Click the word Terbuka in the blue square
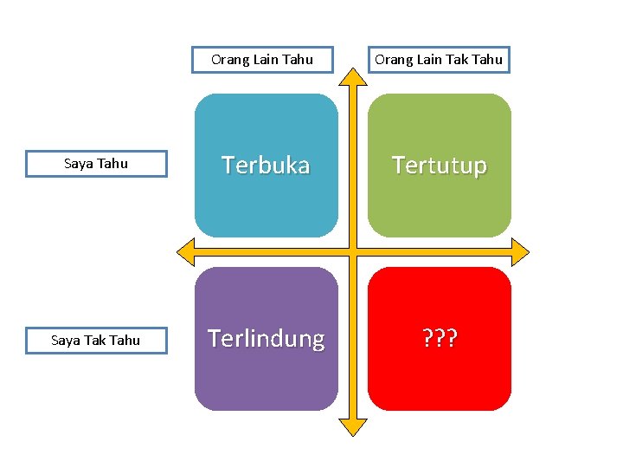(266, 165)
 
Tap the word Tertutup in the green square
(439, 165)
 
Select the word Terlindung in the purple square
(266, 339)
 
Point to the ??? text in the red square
(439, 339)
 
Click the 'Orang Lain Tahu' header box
(262, 60)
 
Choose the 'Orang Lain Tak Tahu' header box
(439, 60)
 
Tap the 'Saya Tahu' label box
(96, 164)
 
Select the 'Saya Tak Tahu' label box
(96, 341)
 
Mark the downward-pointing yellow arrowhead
(352, 426)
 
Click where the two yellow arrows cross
(352, 253)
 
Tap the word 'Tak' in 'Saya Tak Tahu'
(97, 341)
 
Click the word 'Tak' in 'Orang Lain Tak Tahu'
(454, 60)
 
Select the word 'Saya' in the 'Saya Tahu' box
(79, 164)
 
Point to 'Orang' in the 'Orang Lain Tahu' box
(231, 60)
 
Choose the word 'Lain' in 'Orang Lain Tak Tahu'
(427, 60)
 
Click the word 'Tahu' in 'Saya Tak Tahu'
(125, 341)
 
